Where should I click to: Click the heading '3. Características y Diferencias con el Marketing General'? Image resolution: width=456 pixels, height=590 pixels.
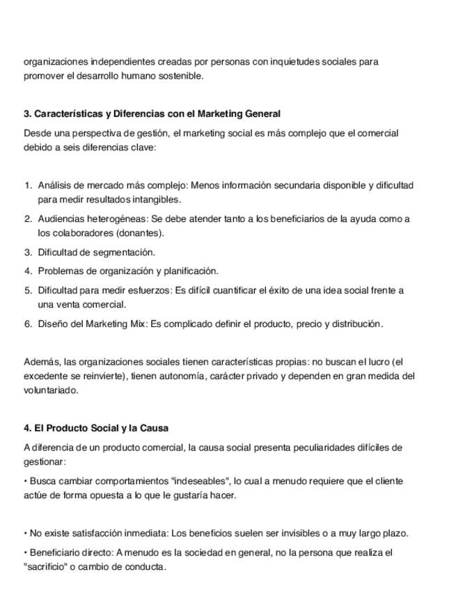tap(152, 113)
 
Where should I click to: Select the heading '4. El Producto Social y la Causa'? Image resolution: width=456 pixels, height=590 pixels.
tap(96, 428)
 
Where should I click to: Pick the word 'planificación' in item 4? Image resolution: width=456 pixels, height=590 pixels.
tap(190, 271)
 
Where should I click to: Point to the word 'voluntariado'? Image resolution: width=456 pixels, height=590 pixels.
tap(51, 390)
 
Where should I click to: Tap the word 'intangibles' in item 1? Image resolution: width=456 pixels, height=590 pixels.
tap(157, 199)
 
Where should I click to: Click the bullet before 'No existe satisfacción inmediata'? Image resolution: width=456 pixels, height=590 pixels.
tap(26, 534)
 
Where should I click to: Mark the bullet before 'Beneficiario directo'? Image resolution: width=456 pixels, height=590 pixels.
tap(26, 552)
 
